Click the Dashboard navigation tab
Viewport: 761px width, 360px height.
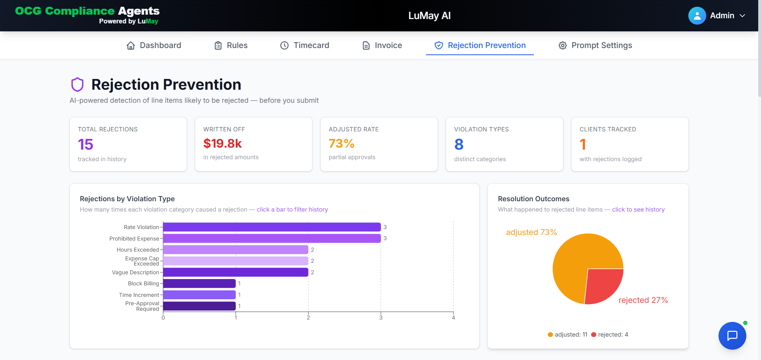[154, 45]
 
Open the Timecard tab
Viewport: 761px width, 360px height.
[304, 45]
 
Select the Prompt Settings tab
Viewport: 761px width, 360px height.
[595, 45]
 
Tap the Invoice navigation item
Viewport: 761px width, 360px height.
[382, 45]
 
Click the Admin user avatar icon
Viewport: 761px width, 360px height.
[697, 15]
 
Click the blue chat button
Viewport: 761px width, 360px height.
[732, 335]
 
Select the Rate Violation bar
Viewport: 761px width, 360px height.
[272, 227]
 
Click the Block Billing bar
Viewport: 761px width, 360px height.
[199, 283]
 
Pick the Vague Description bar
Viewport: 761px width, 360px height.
[236, 272]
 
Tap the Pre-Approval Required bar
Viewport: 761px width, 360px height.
[199, 306]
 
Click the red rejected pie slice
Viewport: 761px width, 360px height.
[602, 285]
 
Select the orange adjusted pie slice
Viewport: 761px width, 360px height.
[576, 262]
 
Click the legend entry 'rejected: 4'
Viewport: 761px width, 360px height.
[610, 335]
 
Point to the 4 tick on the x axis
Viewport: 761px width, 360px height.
[453, 318]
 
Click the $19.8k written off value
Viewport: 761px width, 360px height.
[222, 143]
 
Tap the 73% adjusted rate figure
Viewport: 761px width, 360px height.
[341, 143]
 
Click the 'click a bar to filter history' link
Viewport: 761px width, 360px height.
[292, 210]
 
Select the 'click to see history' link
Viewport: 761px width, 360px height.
[638, 210]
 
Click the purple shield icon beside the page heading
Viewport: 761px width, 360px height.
[77, 85]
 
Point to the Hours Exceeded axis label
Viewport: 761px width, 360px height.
[138, 250]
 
